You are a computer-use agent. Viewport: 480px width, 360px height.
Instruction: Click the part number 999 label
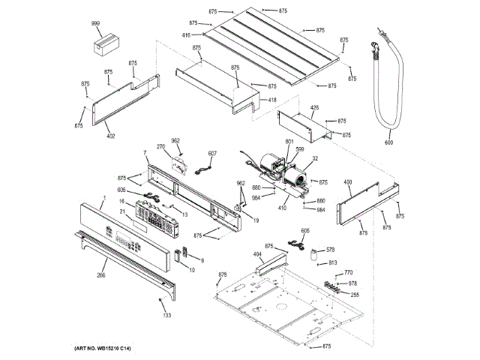(x=96, y=24)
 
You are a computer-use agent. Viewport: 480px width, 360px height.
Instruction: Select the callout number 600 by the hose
(x=389, y=142)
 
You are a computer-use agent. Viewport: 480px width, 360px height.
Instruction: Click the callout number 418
(x=271, y=100)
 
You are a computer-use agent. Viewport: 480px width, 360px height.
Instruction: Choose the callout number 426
(x=315, y=107)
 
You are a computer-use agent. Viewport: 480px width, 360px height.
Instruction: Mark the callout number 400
(x=347, y=182)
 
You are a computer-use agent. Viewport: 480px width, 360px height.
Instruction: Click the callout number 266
(x=100, y=274)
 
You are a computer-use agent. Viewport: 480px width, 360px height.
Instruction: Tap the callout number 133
(x=166, y=314)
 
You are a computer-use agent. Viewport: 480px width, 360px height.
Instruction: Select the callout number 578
(x=330, y=250)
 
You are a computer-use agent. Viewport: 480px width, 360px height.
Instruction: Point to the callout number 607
(x=212, y=154)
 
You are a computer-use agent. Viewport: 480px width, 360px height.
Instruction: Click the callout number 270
(x=160, y=147)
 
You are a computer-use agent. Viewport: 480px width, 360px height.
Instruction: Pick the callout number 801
(x=268, y=142)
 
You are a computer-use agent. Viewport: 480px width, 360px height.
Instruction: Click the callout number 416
(x=186, y=34)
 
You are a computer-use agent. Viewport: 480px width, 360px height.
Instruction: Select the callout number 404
(x=257, y=255)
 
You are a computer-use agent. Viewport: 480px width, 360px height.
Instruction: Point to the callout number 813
(x=333, y=262)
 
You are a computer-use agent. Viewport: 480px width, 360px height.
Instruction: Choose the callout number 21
(x=121, y=211)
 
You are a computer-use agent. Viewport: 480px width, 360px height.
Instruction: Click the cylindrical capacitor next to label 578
(x=310, y=252)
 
